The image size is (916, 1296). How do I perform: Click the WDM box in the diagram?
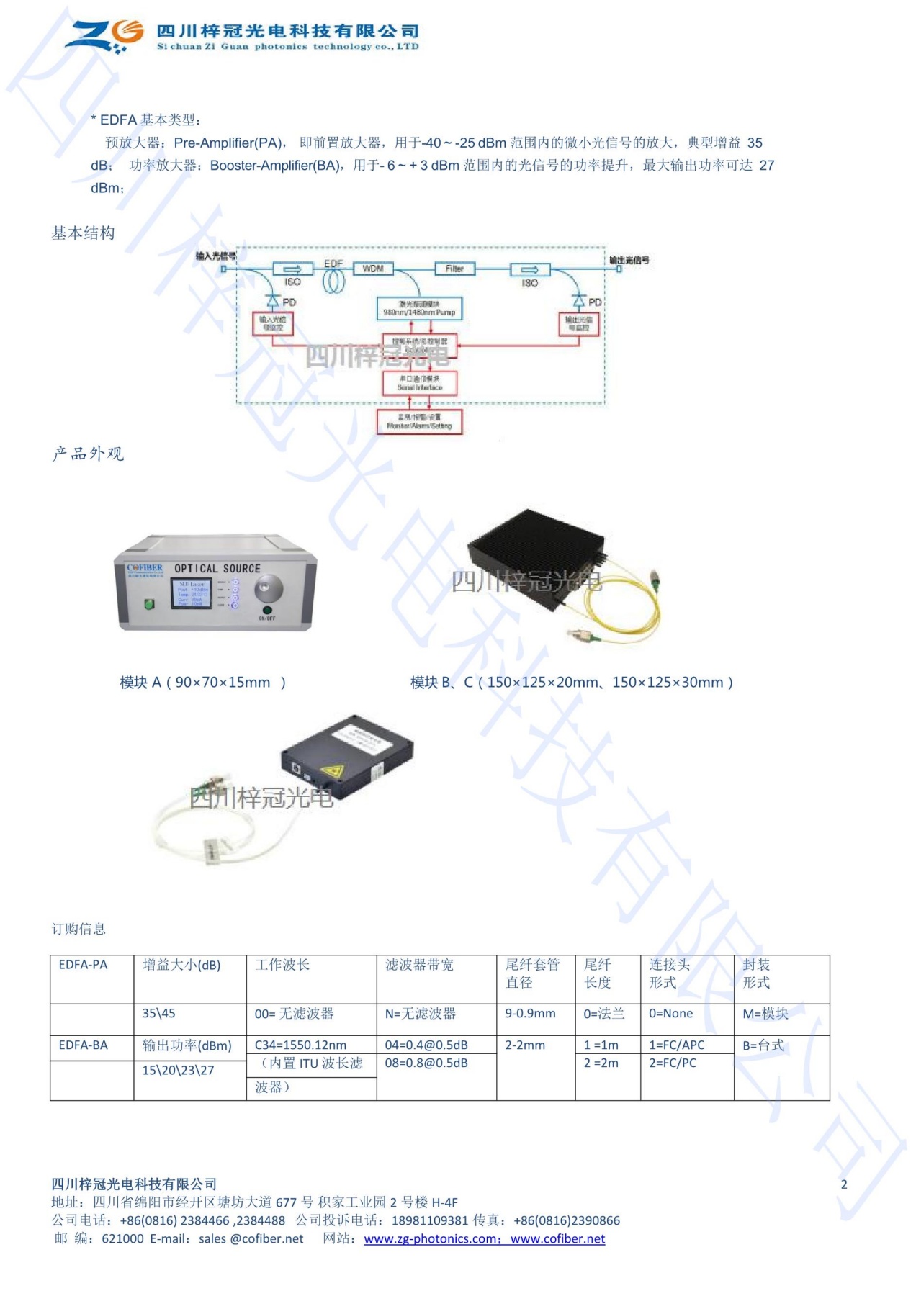pos(372,269)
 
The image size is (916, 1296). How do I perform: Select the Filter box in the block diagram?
pos(454,269)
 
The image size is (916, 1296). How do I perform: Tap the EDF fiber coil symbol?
pos(333,279)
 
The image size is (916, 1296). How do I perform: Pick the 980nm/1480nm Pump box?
pos(419,309)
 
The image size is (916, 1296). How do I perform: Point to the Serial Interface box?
pos(419,383)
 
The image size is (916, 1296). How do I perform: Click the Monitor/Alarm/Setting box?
pos(419,422)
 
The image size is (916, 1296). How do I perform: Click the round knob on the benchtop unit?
pos(267,588)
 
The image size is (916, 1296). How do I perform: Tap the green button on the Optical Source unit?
pos(150,604)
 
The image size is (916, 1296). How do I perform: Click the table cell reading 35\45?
pos(158,1014)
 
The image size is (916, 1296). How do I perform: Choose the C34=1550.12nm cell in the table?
pos(300,1045)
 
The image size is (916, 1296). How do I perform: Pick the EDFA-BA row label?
pos(84,1045)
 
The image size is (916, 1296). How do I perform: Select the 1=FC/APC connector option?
pos(677,1045)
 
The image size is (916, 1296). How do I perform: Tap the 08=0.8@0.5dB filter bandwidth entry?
pos(426,1063)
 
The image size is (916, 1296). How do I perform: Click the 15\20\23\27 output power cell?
pos(178,1071)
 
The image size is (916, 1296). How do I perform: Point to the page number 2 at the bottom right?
pos(844,1184)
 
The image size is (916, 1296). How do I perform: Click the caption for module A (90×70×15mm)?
pos(203,683)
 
